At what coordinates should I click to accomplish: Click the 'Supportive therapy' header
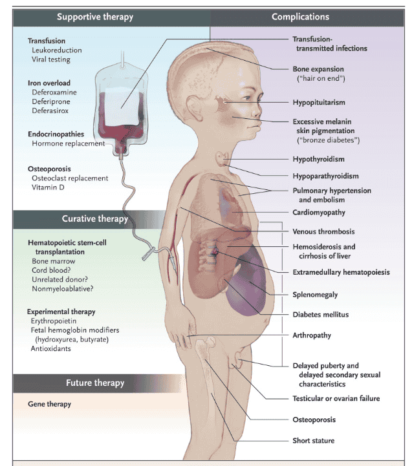pyautogui.click(x=95, y=17)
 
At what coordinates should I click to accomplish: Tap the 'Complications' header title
pyautogui.click(x=301, y=17)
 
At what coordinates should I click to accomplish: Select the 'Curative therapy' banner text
pyautogui.click(x=95, y=218)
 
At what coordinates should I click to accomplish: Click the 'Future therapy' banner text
pyautogui.click(x=95, y=383)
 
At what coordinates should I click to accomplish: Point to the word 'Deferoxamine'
pyautogui.click(x=54, y=92)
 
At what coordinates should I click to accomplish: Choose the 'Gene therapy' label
pyautogui.click(x=49, y=404)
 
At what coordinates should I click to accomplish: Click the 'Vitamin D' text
pyautogui.click(x=48, y=187)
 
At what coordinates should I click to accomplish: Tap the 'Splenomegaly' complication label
pyautogui.click(x=315, y=295)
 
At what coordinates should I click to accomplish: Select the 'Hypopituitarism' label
pyautogui.click(x=319, y=103)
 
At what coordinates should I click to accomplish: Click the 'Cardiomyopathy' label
pyautogui.click(x=319, y=213)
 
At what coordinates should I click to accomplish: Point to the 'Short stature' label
pyautogui.click(x=314, y=441)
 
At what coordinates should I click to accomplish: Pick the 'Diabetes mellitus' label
pyautogui.click(x=321, y=315)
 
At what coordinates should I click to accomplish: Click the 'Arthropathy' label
pyautogui.click(x=312, y=335)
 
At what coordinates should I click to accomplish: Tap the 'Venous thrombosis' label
pyautogui.click(x=323, y=231)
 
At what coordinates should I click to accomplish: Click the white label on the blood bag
pyautogui.click(x=122, y=107)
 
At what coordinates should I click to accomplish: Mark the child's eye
pyautogui.click(x=248, y=98)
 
